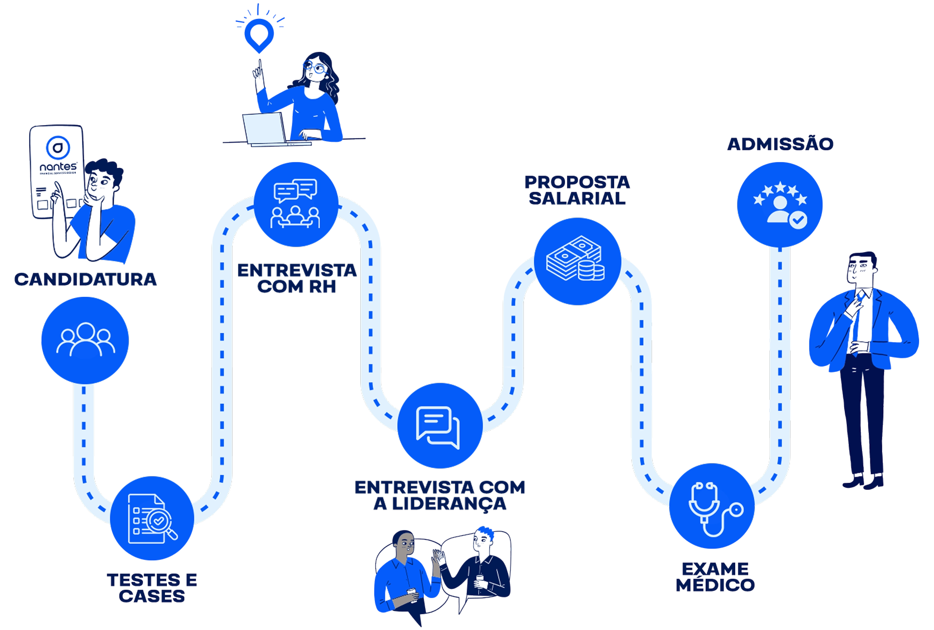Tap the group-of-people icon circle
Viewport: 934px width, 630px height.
85,340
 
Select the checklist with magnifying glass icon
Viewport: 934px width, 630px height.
152,518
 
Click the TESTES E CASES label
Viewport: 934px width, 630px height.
152,588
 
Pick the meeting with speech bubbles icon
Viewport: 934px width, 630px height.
296,204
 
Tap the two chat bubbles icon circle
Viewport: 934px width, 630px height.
439,426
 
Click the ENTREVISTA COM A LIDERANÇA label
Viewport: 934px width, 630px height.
440,495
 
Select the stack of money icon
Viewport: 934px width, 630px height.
577,262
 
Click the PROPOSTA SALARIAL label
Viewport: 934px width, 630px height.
577,190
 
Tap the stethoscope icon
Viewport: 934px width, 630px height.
712,507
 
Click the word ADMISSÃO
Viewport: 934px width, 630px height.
780,144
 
